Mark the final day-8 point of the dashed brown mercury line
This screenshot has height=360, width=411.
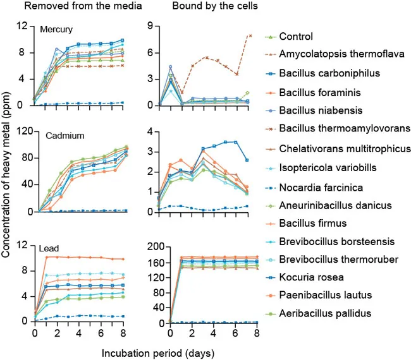(250, 35)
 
